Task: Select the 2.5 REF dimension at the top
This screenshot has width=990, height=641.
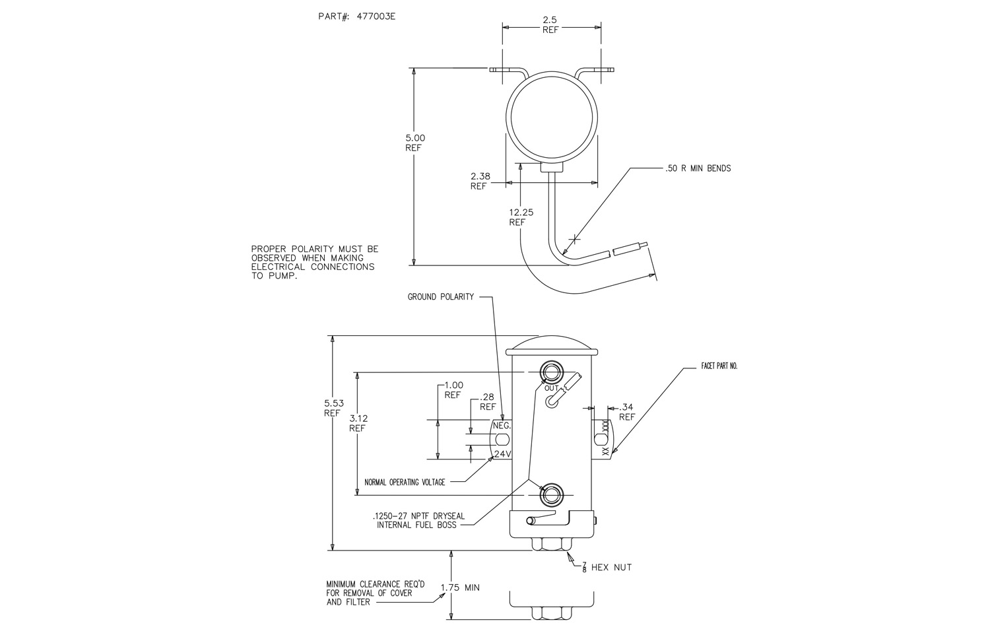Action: pyautogui.click(x=550, y=25)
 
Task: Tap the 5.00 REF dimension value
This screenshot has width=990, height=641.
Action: pyautogui.click(x=415, y=143)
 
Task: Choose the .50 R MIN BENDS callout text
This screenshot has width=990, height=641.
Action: pyautogui.click(x=698, y=168)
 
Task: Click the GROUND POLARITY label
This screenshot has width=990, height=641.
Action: pyautogui.click(x=440, y=297)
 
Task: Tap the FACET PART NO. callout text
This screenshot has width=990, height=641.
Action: pyautogui.click(x=719, y=366)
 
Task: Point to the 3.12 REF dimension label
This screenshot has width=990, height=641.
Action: pyautogui.click(x=357, y=423)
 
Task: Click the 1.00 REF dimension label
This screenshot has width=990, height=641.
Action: pyautogui.click(x=453, y=390)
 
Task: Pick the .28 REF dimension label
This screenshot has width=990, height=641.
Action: pyautogui.click(x=488, y=401)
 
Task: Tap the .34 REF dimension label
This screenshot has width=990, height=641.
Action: pyautogui.click(x=626, y=412)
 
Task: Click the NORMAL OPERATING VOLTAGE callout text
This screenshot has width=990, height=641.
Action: pyautogui.click(x=405, y=482)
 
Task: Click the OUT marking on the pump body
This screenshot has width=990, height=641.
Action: pyautogui.click(x=551, y=388)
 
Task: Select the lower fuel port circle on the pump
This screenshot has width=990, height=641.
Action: pyautogui.click(x=550, y=495)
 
